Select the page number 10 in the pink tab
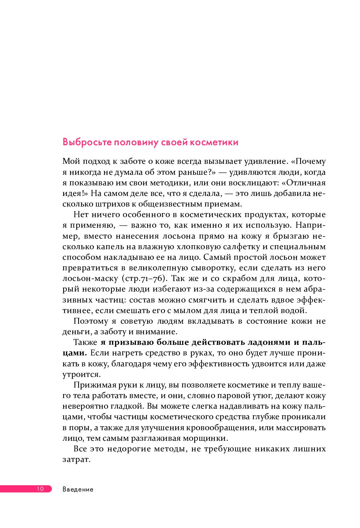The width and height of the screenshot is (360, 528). [40, 489]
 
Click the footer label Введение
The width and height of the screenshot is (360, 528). [78, 489]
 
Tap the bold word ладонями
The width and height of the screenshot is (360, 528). [269, 342]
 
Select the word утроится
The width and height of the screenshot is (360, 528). [81, 375]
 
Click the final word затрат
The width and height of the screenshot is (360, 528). [76, 460]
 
